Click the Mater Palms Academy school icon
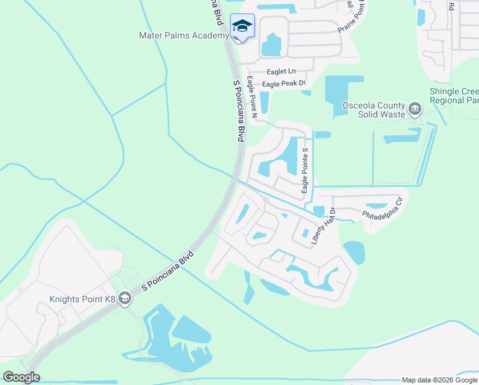click(x=242, y=26)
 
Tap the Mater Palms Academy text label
click(x=183, y=36)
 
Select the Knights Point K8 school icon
click(x=125, y=298)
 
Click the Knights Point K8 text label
click(x=83, y=299)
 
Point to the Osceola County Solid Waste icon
click(x=415, y=110)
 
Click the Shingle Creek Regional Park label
click(x=455, y=96)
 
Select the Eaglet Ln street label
click(x=282, y=71)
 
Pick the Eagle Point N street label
click(x=252, y=97)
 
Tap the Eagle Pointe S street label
click(x=305, y=170)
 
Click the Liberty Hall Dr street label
click(x=323, y=225)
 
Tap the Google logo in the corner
click(x=22, y=377)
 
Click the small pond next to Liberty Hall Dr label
click(x=318, y=210)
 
